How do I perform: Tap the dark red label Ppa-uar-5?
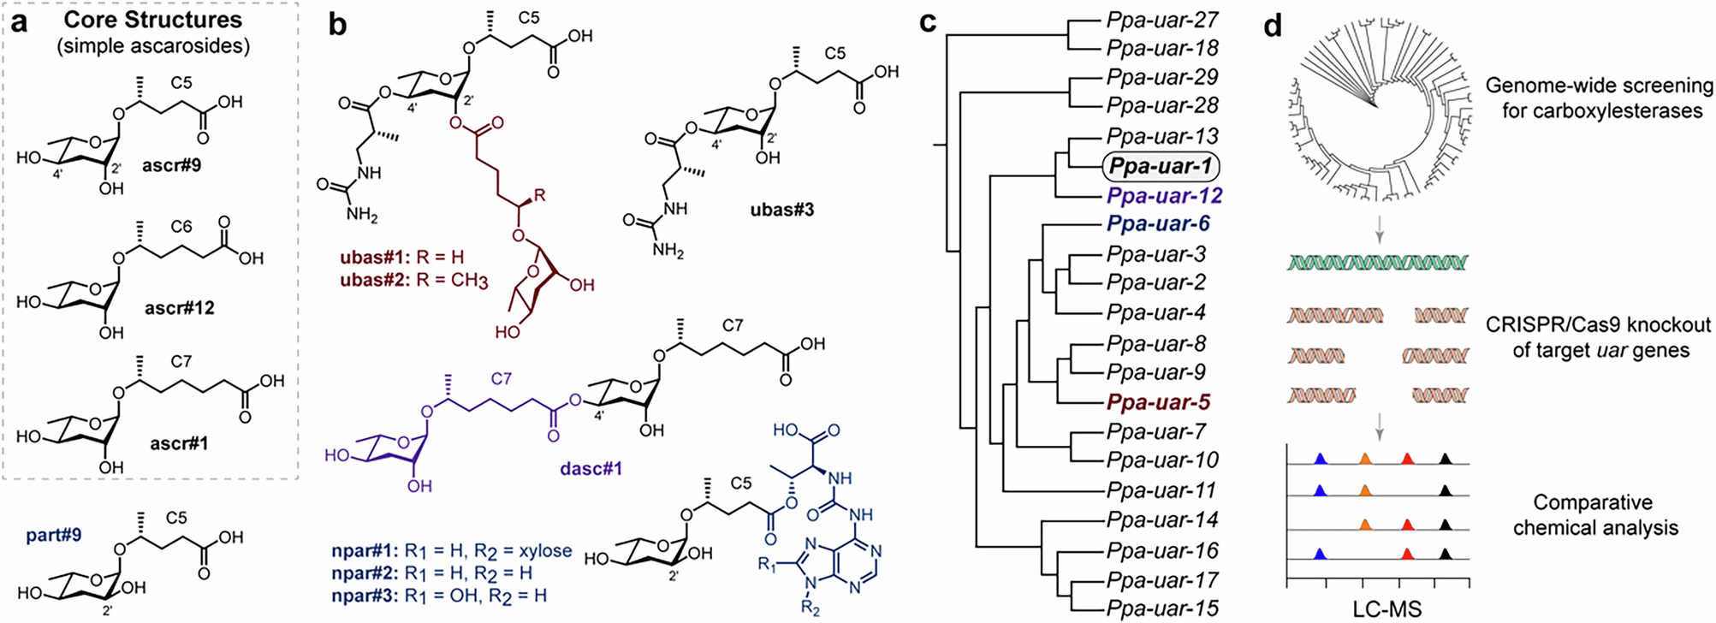[1158, 402]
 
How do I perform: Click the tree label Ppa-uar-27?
[1162, 20]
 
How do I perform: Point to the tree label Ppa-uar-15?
[1162, 608]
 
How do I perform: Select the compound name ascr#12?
[180, 308]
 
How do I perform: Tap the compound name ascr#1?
[179, 443]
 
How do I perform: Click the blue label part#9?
[53, 535]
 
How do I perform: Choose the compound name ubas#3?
[781, 211]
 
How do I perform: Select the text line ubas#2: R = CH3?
[413, 280]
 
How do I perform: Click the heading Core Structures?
[153, 19]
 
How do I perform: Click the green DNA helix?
[1378, 262]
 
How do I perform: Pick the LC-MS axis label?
[1386, 609]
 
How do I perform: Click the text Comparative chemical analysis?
[1594, 515]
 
